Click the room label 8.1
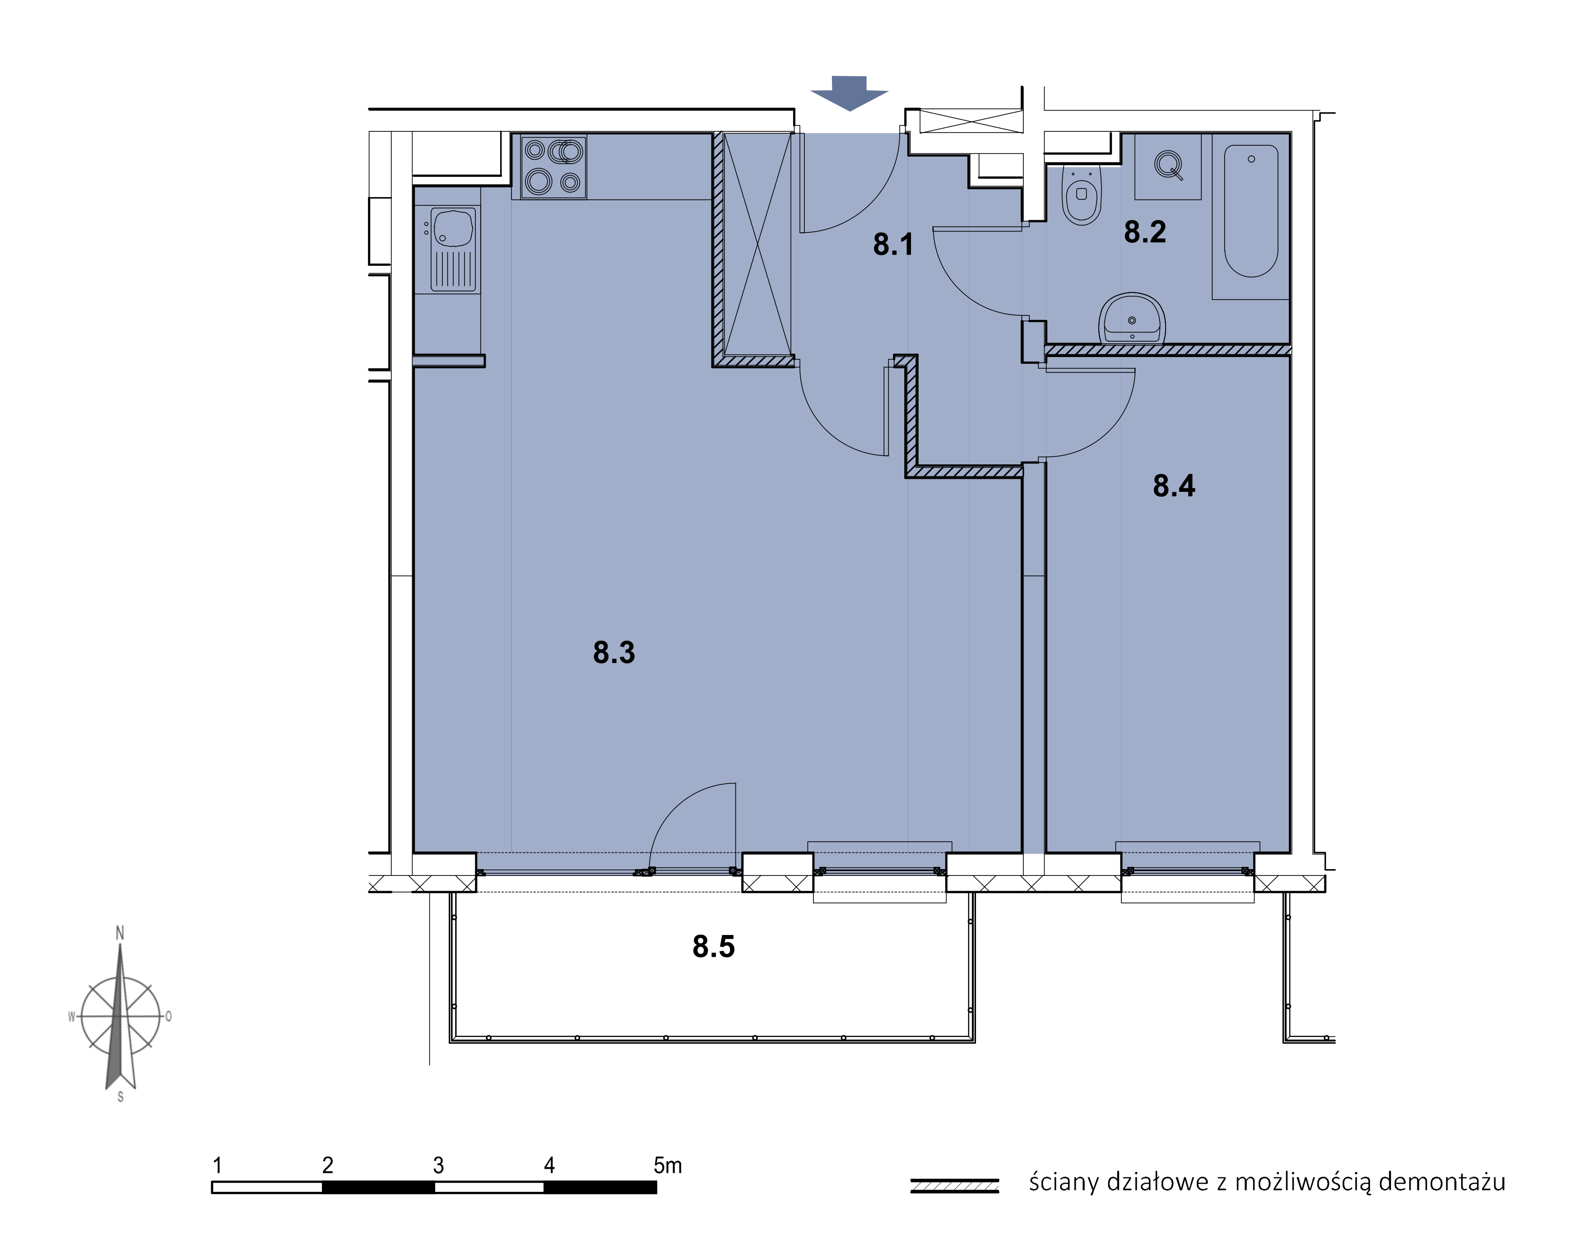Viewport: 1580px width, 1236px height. pos(892,245)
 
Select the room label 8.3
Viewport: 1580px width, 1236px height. pos(614,653)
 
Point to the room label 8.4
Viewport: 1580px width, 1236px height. pos(1174,486)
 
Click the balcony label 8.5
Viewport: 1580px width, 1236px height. pos(714,947)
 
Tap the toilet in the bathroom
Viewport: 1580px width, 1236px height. pos(1081,194)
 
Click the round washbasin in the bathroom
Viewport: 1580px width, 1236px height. pos(1131,319)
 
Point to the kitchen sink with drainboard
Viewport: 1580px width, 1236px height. pos(454,249)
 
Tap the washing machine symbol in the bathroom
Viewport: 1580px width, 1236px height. pos(1167,167)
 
